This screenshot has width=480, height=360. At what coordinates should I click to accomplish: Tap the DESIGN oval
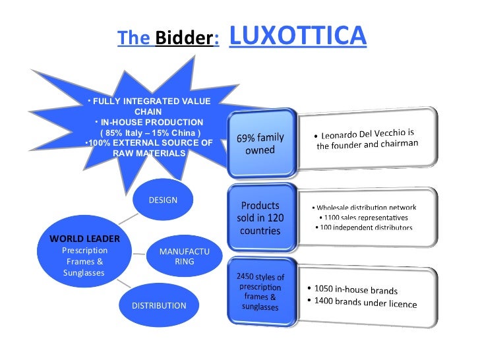click(x=163, y=200)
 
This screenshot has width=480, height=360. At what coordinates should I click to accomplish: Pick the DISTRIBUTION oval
click(x=159, y=305)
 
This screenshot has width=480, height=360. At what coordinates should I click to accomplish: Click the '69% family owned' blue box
click(x=260, y=143)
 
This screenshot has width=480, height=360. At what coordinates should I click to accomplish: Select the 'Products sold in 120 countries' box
click(x=260, y=218)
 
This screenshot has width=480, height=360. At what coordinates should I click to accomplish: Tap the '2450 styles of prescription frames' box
click(x=260, y=291)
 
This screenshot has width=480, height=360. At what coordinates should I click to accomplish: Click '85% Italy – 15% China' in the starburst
click(x=149, y=132)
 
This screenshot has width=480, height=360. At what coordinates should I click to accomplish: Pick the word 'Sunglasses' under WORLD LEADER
click(x=84, y=272)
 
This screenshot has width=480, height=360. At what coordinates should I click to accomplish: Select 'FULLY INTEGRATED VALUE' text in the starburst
click(x=151, y=102)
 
